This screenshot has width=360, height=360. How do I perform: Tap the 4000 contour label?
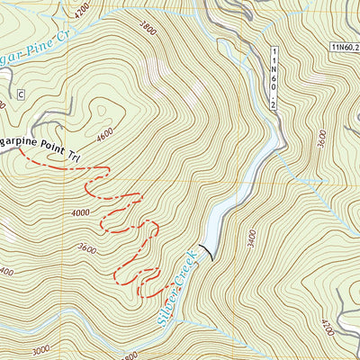point(79,212)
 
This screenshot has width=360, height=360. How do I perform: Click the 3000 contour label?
point(40,351)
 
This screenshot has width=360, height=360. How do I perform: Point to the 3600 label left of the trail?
point(87,249)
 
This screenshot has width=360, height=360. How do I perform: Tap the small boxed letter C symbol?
point(20,93)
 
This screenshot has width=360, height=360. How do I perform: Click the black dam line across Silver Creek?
point(209,250)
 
